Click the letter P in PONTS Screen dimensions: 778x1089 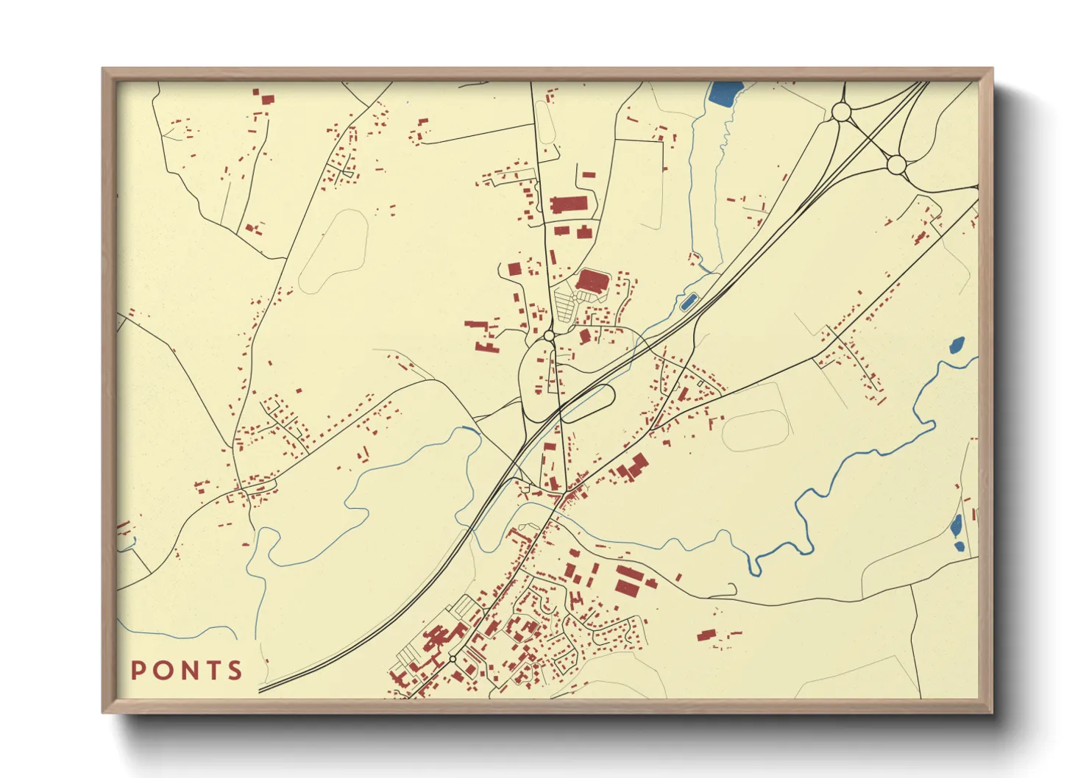point(138,671)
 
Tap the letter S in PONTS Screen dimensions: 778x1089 point(235,671)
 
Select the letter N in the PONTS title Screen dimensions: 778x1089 point(187,671)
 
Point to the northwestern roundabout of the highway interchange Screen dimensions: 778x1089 point(841,112)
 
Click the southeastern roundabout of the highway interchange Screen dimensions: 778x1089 point(895,165)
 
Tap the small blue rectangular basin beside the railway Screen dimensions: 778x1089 point(689,301)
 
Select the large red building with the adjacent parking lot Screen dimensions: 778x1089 point(593,281)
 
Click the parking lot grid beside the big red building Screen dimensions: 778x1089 point(564,304)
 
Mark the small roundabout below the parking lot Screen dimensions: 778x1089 point(548,336)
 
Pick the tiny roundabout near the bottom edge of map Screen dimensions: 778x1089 point(453,658)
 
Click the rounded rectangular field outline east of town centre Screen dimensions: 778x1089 point(756,429)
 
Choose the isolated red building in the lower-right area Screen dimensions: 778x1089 point(706,635)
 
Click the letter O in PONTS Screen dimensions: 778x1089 point(161,671)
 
